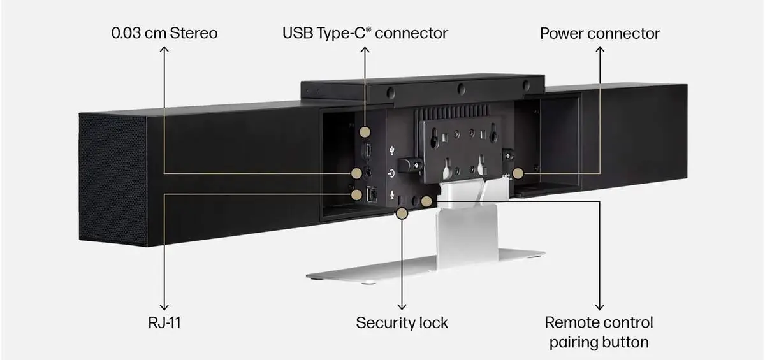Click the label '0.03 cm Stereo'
click(164, 33)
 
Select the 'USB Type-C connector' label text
click(365, 33)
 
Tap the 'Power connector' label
click(600, 33)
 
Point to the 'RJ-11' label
click(164, 322)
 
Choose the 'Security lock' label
click(402, 322)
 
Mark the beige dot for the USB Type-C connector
click(365, 132)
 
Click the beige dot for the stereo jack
click(357, 173)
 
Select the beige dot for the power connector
click(518, 173)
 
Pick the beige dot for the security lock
click(402, 213)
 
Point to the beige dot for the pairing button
click(426, 201)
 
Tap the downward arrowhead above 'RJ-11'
click(164, 307)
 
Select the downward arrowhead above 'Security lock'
click(402, 307)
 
